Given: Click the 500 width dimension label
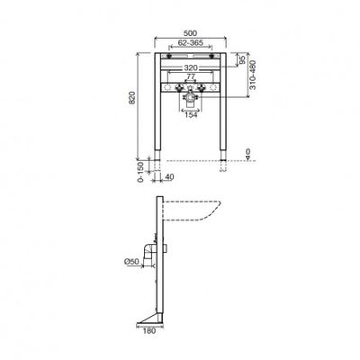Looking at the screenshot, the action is pyautogui.click(x=190, y=32).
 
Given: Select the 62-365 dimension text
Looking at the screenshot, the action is pyautogui.click(x=191, y=42).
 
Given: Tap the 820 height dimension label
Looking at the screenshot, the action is pyautogui.click(x=132, y=98).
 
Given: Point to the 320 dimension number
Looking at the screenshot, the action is pyautogui.click(x=191, y=67).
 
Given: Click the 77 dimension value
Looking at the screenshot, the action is pyautogui.click(x=191, y=76).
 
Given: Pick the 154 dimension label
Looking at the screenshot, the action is pyautogui.click(x=191, y=114).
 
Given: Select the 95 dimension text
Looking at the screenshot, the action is pyautogui.click(x=242, y=59).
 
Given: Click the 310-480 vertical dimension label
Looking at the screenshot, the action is pyautogui.click(x=253, y=75).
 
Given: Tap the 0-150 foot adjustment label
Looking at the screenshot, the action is pyautogui.click(x=140, y=172).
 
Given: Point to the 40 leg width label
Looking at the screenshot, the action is pyautogui.click(x=169, y=177).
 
